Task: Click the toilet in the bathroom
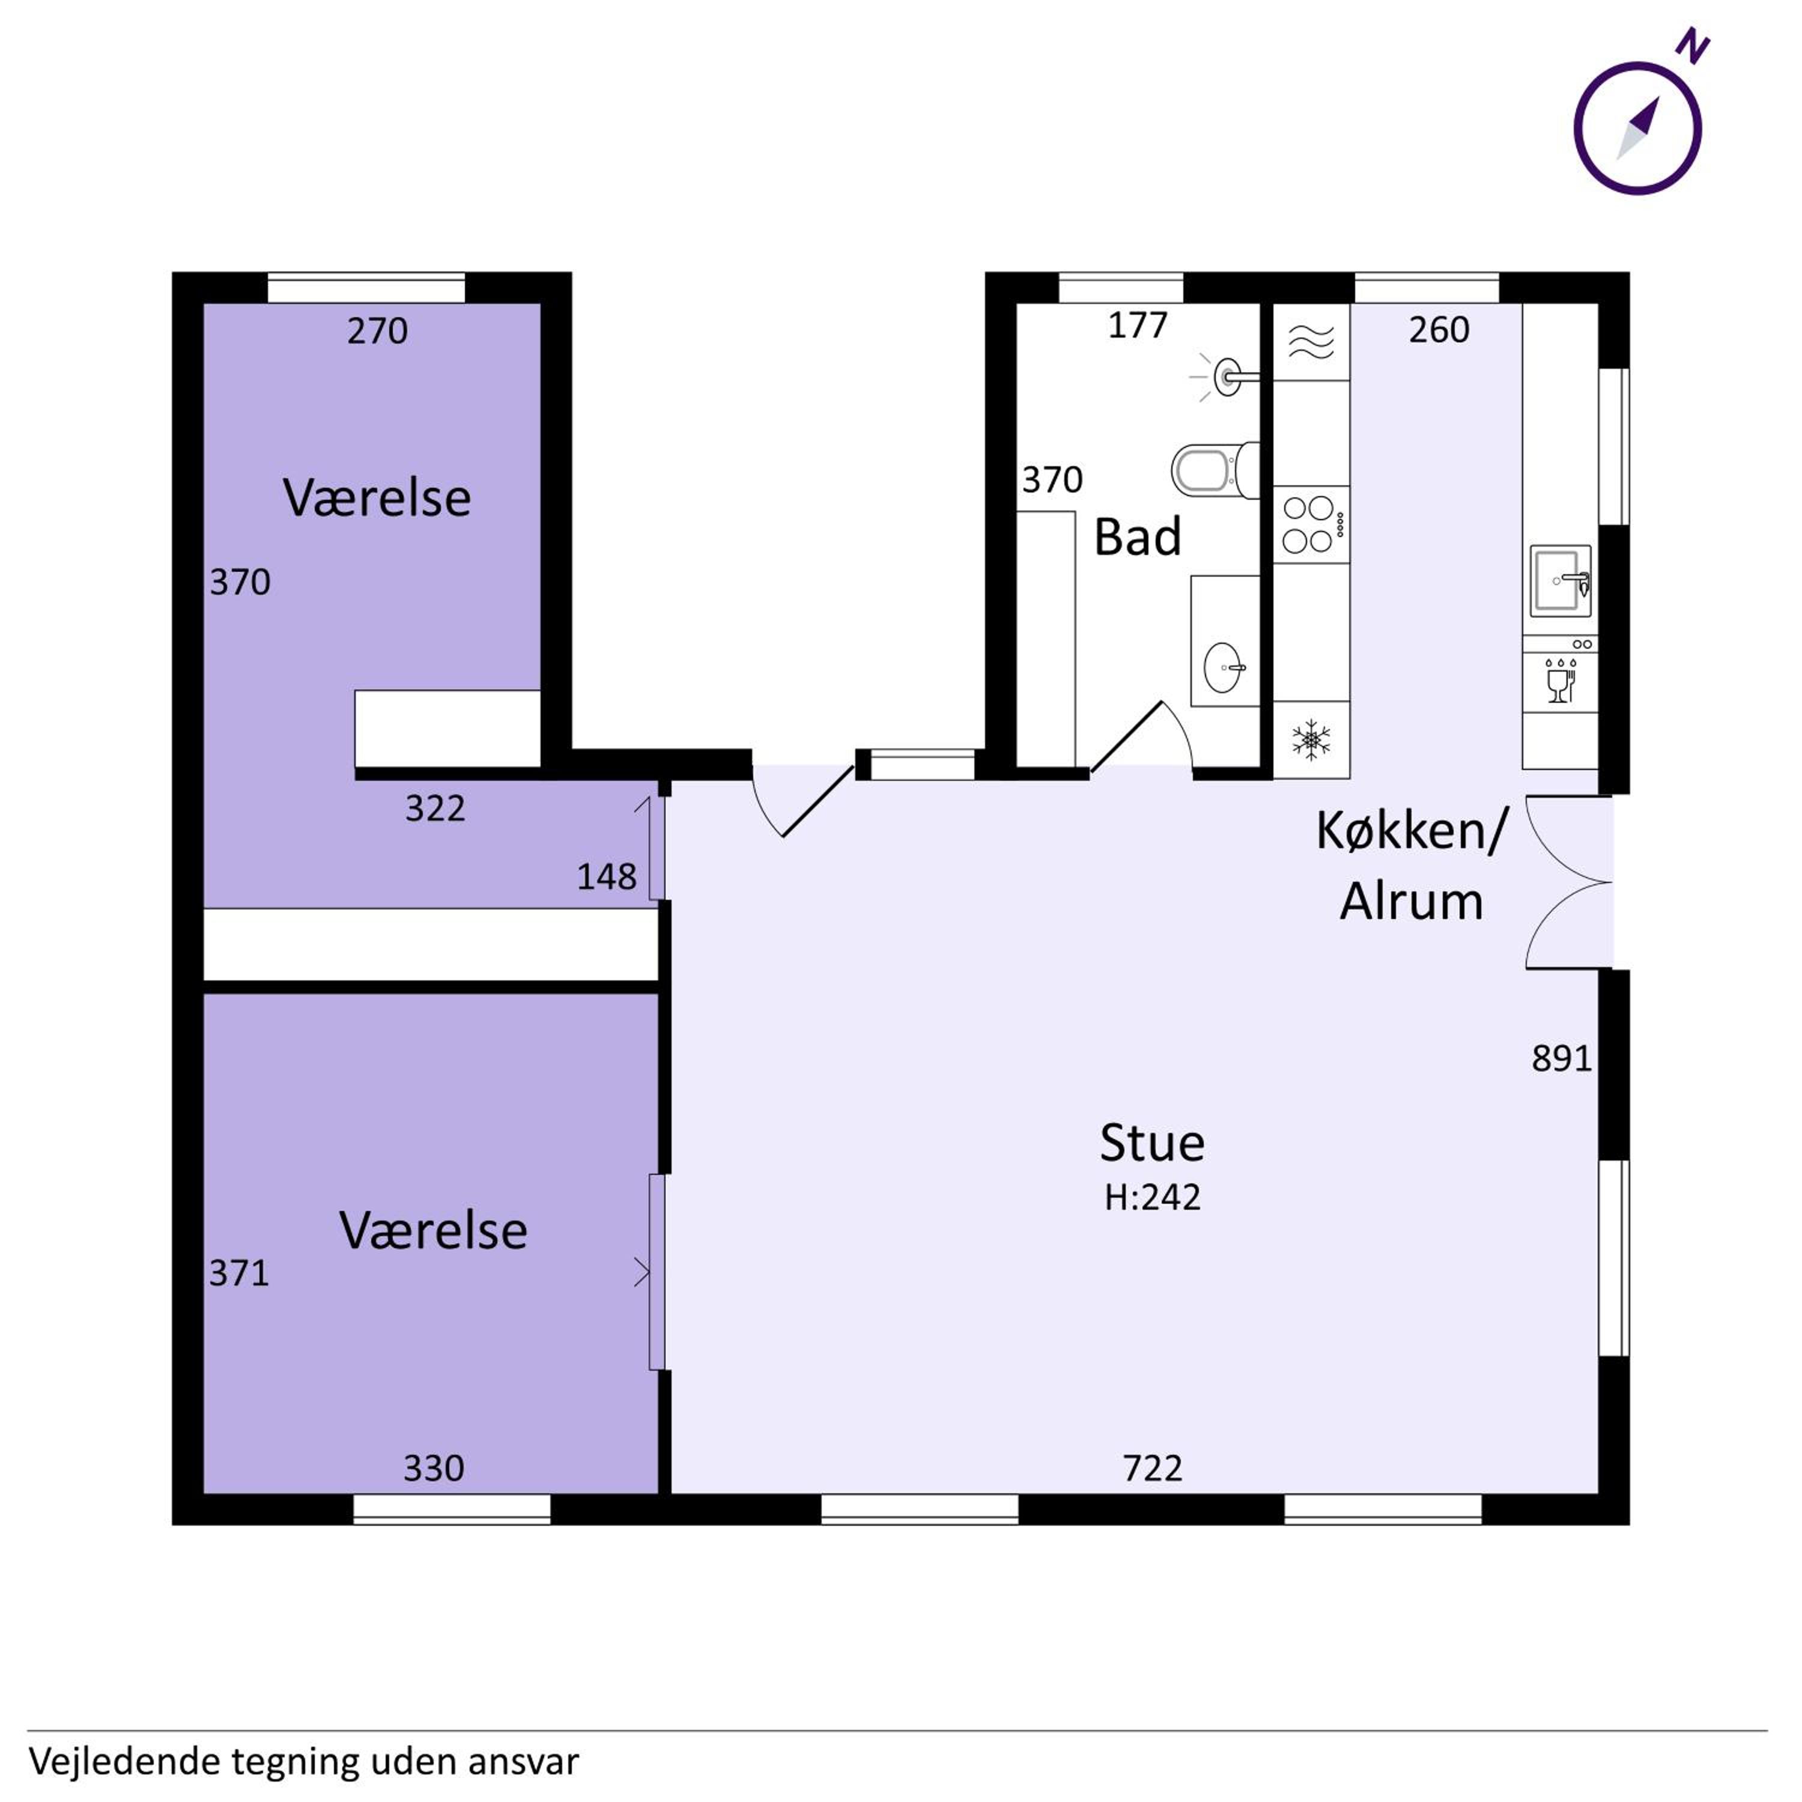point(1215,471)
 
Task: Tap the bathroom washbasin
point(1223,668)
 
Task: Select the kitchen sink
point(1559,581)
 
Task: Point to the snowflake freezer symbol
point(1311,739)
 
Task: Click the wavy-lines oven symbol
point(1311,342)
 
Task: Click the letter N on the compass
point(1692,47)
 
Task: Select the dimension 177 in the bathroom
point(1137,326)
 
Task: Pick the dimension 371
point(239,1273)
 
